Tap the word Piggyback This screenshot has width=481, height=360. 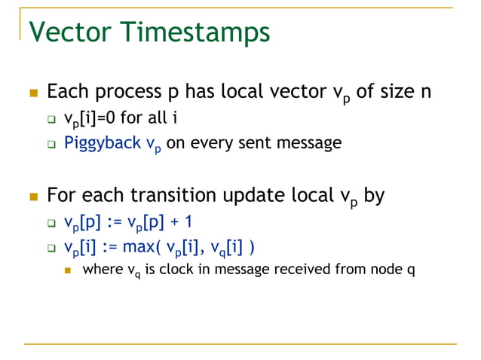(x=97, y=142)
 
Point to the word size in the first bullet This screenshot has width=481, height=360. (x=396, y=93)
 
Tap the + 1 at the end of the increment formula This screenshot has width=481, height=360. (x=168, y=223)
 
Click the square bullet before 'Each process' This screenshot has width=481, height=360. (x=32, y=93)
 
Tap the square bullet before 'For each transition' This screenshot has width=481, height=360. (x=32, y=197)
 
